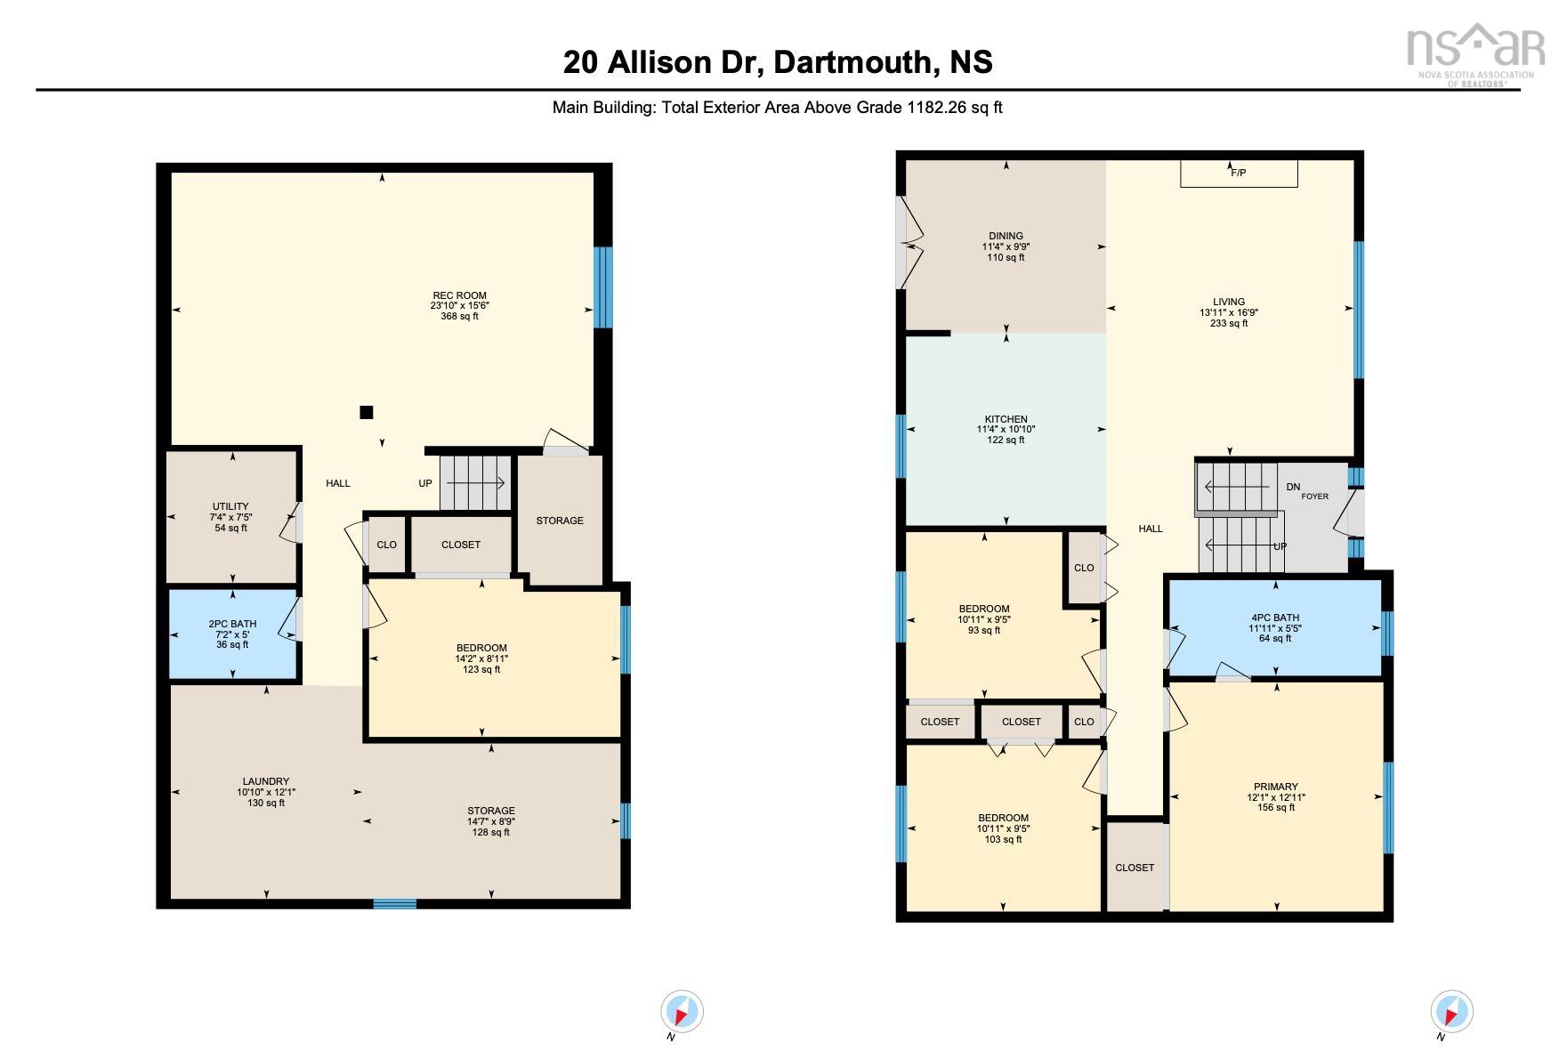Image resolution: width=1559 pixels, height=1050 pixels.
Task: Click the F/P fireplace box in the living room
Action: coord(1238,174)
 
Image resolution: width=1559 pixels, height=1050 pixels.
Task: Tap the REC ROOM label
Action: coord(459,295)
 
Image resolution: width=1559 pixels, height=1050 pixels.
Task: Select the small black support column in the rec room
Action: coord(366,412)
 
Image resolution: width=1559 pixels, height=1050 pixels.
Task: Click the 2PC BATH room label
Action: coord(232,624)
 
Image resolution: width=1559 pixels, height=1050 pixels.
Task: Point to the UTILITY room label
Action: coord(230,506)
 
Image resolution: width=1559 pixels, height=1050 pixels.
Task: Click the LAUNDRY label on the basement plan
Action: coord(266,781)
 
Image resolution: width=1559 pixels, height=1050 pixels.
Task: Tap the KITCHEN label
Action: coord(1006,419)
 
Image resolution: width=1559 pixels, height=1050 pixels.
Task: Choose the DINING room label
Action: coord(1006,237)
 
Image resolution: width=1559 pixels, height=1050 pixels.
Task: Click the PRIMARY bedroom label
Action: coord(1275,787)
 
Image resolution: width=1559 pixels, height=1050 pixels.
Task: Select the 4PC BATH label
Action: coord(1274,618)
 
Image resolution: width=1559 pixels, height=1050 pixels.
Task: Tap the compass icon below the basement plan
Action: coord(682,1012)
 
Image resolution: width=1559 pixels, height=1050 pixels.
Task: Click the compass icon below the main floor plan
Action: coord(1451,1012)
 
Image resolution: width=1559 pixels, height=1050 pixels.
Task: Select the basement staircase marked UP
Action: coord(475,483)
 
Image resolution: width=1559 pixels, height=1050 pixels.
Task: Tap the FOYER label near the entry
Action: coord(1314,497)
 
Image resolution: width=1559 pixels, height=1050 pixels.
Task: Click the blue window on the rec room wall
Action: coord(602,287)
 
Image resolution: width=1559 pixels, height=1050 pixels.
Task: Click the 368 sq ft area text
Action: coord(459,317)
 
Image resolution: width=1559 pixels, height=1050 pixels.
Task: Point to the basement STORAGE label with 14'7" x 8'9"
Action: coord(491,811)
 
